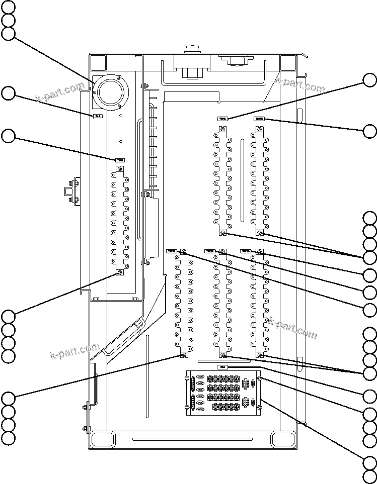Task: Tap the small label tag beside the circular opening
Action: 98,116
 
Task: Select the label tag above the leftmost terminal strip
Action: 120,160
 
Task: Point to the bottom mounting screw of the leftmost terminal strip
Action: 120,272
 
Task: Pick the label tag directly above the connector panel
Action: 222,367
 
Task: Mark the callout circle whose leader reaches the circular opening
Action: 8,34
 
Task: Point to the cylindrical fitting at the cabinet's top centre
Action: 191,50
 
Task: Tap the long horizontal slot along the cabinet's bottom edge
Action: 192,439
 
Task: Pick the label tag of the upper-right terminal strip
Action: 259,119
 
